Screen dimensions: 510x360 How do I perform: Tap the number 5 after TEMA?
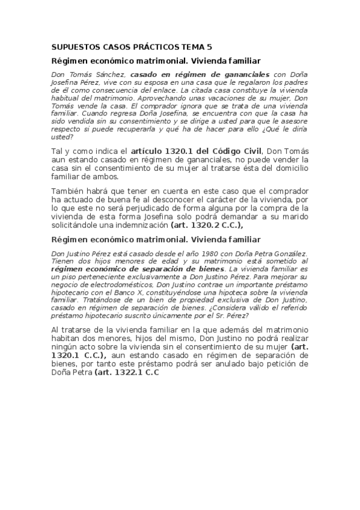(x=210, y=47)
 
